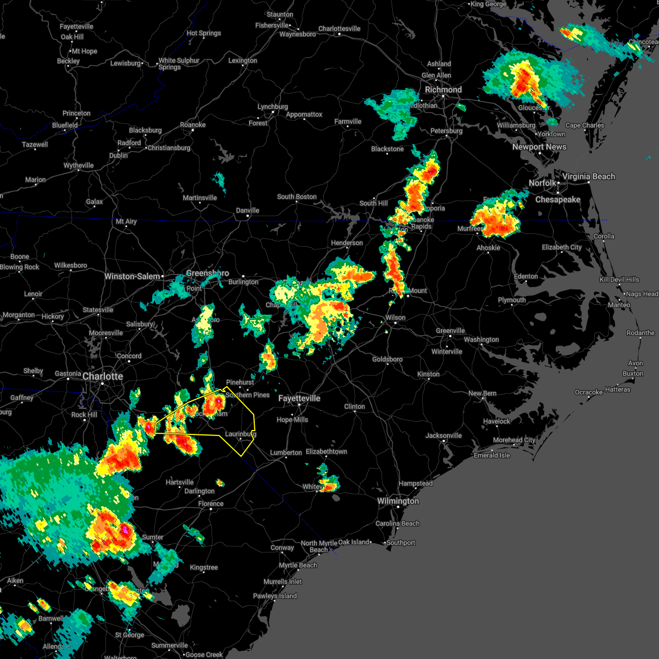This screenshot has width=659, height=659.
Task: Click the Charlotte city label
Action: click(x=103, y=376)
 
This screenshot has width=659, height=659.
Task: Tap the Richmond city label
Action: click(x=443, y=90)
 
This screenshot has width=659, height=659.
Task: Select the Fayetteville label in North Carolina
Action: click(x=299, y=398)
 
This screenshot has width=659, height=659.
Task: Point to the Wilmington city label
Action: click(x=398, y=501)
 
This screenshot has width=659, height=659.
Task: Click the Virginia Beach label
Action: click(x=588, y=176)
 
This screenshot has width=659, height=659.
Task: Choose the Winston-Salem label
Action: click(x=132, y=276)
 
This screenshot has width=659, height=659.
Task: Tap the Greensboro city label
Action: click(x=207, y=273)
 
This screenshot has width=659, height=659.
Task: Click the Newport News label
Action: click(x=539, y=147)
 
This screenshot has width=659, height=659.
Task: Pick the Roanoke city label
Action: click(x=193, y=125)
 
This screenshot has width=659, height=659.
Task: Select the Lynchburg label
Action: click(x=272, y=107)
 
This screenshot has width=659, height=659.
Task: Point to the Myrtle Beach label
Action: click(x=298, y=565)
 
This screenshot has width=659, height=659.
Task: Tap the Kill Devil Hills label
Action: click(x=619, y=280)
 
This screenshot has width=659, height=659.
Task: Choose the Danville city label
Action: click(x=247, y=210)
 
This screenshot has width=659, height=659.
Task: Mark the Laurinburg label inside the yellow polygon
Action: click(x=241, y=434)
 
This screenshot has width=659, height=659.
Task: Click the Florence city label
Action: click(x=211, y=504)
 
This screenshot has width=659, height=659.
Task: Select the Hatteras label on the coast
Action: click(x=617, y=389)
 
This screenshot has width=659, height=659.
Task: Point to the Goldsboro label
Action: click(x=387, y=359)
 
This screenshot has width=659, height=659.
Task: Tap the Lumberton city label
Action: click(x=286, y=453)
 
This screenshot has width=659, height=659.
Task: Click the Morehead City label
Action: click(x=514, y=440)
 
